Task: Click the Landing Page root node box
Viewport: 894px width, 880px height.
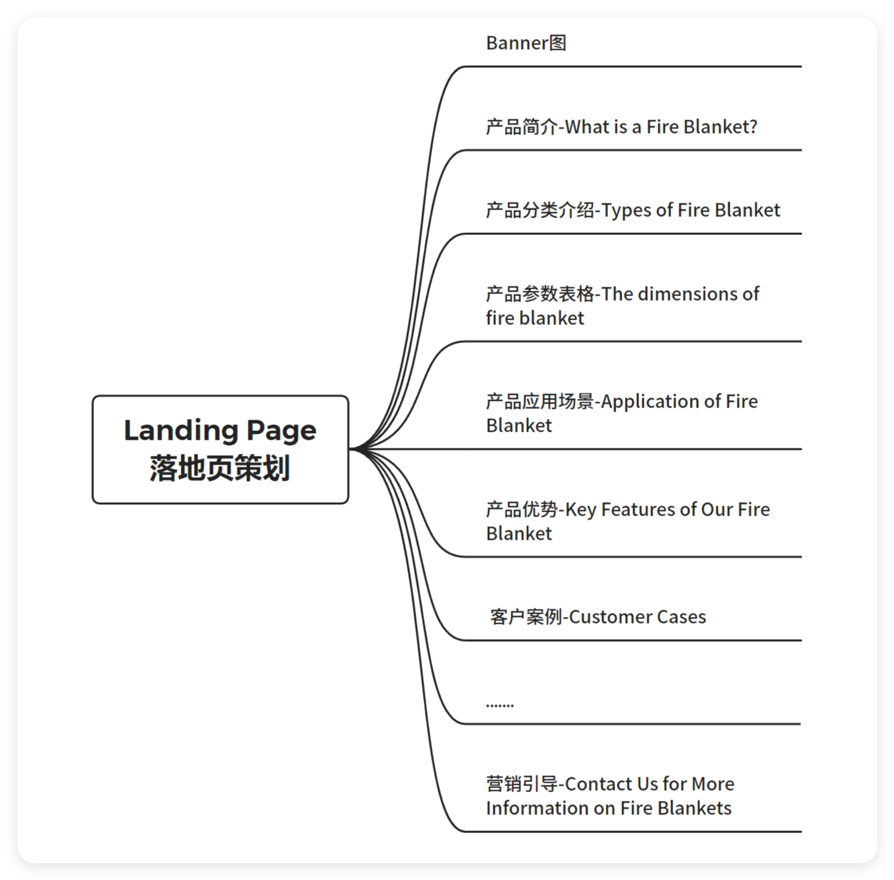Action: tap(220, 449)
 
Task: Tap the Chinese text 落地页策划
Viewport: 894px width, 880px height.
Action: tap(220, 469)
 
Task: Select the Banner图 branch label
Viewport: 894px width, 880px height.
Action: tap(526, 43)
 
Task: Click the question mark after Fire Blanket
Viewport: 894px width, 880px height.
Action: tap(753, 127)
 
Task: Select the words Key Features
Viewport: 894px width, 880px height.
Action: tap(611, 509)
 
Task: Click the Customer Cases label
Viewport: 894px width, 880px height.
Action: tap(637, 617)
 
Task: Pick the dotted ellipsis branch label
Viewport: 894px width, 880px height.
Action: tap(500, 704)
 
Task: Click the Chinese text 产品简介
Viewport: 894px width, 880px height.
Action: tap(521, 127)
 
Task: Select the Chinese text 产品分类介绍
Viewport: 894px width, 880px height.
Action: tap(540, 211)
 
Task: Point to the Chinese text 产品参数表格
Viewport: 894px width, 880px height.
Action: tap(540, 294)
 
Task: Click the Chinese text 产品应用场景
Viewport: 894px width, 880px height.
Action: tap(540, 401)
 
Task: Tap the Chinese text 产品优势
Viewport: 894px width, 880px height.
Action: tap(521, 509)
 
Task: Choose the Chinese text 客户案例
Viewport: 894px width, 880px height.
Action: tap(526, 617)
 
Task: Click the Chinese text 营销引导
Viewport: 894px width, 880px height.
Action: tap(521, 784)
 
